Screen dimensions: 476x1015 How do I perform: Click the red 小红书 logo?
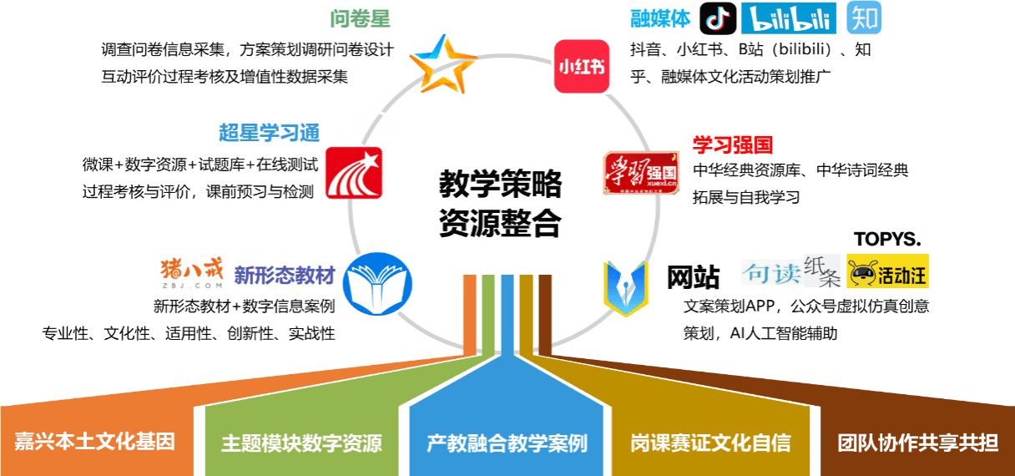pos(581,66)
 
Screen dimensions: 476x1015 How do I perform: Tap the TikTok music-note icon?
pos(718,18)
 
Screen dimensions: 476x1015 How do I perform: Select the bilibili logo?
pos(789,18)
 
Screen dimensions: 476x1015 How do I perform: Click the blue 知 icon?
pos(864,18)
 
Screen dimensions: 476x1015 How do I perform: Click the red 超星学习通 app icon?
pos(354,173)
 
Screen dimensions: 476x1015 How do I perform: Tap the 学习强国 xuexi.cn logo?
pos(641,173)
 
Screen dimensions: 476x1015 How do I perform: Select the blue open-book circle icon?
pos(377,285)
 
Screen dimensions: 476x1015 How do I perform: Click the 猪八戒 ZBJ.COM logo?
pos(191,269)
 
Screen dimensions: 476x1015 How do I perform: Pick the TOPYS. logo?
pos(887,239)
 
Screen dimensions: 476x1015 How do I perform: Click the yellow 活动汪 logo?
pos(887,271)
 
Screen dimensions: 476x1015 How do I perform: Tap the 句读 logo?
pos(771,272)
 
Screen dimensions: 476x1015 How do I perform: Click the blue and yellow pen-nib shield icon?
pos(626,288)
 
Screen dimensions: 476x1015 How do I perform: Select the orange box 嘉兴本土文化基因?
pos(95,442)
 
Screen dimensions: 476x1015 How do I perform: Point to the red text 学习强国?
pos(733,145)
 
